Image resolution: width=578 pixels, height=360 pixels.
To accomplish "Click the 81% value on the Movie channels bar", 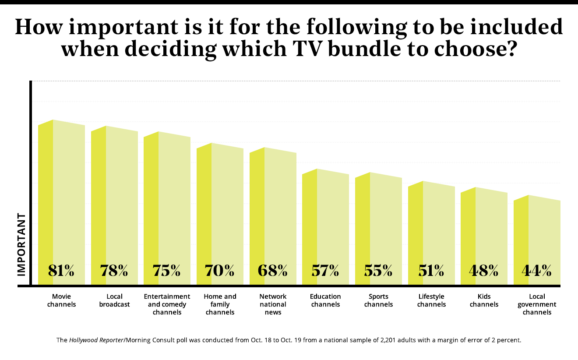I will click(x=61, y=271).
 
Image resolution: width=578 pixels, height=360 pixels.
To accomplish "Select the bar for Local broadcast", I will click(x=114, y=197).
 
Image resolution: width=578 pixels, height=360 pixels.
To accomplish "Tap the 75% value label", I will click(x=167, y=271).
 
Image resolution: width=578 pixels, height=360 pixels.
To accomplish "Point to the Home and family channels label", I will click(x=220, y=304).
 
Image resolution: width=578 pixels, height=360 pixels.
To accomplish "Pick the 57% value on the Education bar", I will click(x=325, y=271).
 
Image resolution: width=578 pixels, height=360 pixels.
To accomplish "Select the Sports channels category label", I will click(x=378, y=300).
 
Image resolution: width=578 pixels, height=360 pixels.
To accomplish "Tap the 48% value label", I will click(x=484, y=271).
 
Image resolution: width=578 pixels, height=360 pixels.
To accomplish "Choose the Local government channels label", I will click(x=537, y=304).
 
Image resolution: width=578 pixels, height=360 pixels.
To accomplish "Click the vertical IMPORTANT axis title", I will click(x=21, y=244).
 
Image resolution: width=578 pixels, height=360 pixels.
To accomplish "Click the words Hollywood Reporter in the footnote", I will click(x=96, y=339).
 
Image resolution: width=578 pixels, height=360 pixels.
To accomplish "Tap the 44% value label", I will click(x=536, y=271).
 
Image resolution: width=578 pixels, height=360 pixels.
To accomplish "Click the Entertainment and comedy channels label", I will click(x=167, y=304).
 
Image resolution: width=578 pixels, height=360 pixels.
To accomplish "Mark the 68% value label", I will click(x=272, y=271).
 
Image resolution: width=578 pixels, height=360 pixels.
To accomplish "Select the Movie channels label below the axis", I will click(x=61, y=300).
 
